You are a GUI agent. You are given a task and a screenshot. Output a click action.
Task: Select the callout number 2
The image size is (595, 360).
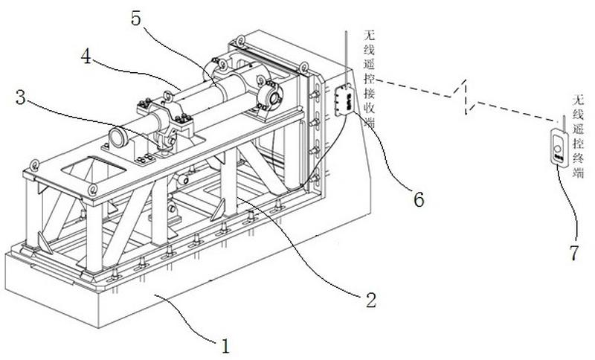point(370,300)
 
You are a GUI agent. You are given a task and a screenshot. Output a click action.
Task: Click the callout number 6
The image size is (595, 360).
point(419,199)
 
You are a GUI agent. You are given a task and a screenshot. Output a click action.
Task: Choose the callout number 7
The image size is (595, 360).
point(573,252)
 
